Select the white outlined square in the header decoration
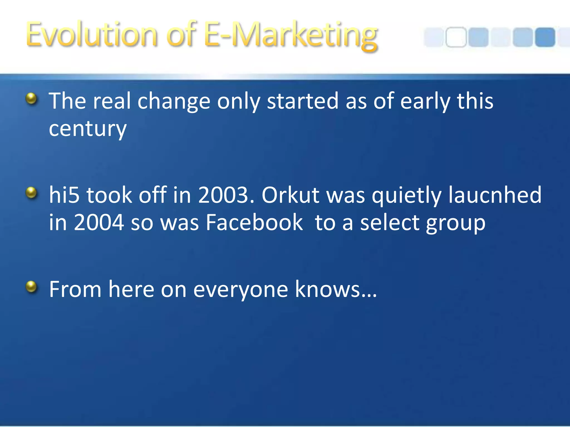(456, 37)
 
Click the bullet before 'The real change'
(31, 98)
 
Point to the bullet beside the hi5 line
(31, 193)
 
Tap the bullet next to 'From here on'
(31, 287)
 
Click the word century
(88, 129)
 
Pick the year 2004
(99, 223)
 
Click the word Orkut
(290, 195)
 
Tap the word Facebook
(254, 223)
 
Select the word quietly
(406, 195)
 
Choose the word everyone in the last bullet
(240, 289)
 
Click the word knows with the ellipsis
(336, 289)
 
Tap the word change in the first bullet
(174, 101)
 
